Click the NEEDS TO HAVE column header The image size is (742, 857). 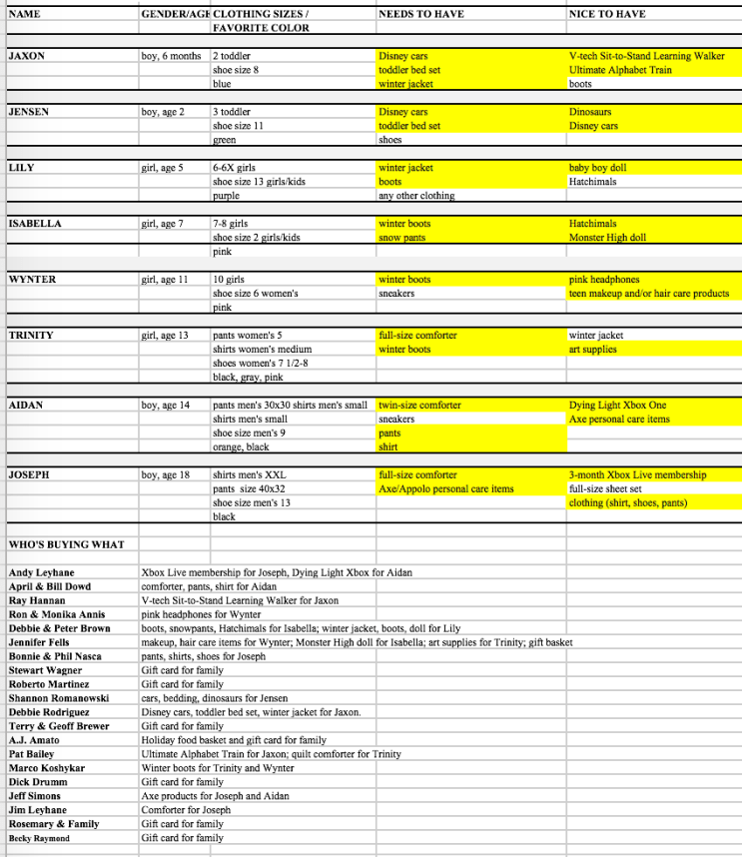point(415,14)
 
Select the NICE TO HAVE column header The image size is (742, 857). point(607,14)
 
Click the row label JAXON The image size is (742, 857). point(26,56)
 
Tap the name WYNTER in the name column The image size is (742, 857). point(32,280)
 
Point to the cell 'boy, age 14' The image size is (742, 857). point(172,406)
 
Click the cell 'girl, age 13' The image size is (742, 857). point(173,336)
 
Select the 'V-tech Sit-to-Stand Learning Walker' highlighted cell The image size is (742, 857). point(647,56)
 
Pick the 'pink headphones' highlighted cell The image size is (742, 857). point(604,280)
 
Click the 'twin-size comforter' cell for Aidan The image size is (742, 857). point(419,406)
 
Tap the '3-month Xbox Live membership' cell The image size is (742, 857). point(637,475)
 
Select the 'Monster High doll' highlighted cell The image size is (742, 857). point(607,238)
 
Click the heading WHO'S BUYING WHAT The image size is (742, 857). point(66,544)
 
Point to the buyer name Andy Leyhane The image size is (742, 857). point(41,573)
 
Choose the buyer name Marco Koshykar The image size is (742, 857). point(47,768)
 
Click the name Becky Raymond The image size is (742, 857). point(39,838)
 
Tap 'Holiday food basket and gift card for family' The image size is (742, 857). point(234,740)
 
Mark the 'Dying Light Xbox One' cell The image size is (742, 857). point(616,406)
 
